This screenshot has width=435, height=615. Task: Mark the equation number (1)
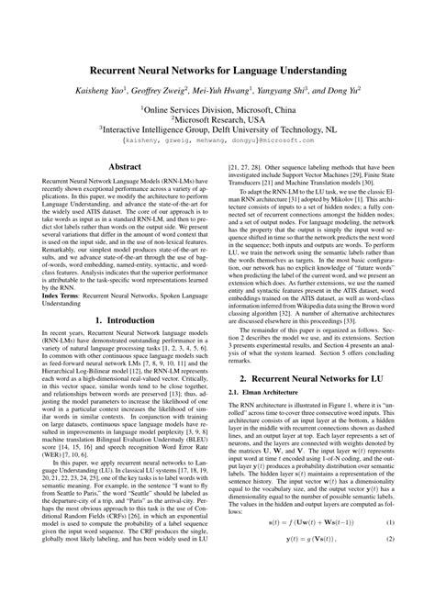coord(387,573)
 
